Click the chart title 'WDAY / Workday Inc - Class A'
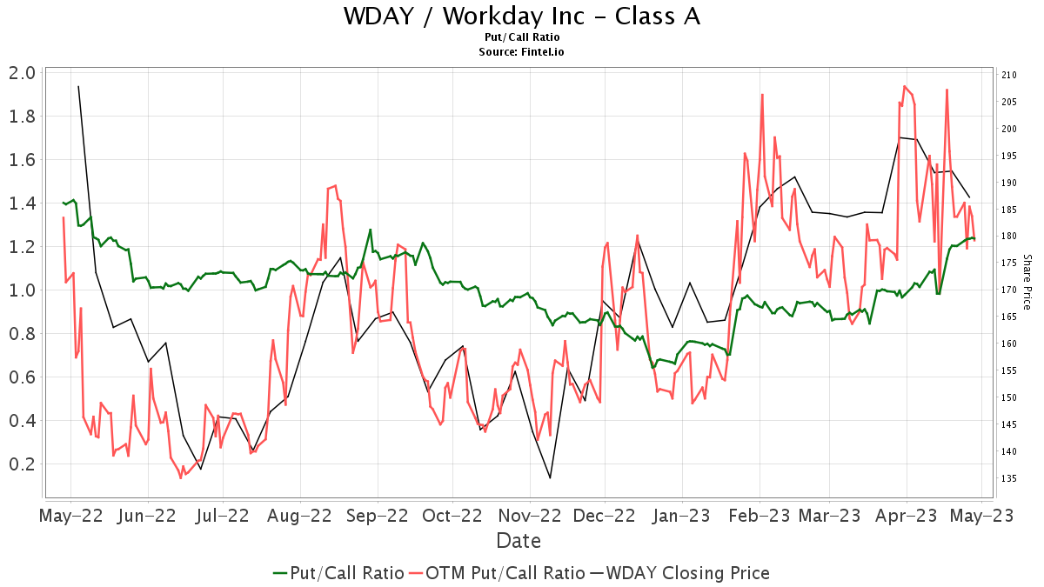pyautogui.click(x=521, y=17)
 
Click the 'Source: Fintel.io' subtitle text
pyautogui.click(x=521, y=52)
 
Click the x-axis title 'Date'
pyautogui.click(x=519, y=541)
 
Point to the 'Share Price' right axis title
pyautogui.click(x=1027, y=282)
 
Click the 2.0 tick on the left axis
pyautogui.click(x=22, y=73)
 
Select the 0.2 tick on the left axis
pyautogui.click(x=22, y=464)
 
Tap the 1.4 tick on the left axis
pyautogui.click(x=22, y=203)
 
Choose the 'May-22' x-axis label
pyautogui.click(x=71, y=515)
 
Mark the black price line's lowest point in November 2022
pyautogui.click(x=550, y=477)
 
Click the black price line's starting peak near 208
pyautogui.click(x=78, y=86)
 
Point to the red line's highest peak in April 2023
pyautogui.click(x=905, y=86)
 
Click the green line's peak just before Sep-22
pyautogui.click(x=371, y=230)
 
